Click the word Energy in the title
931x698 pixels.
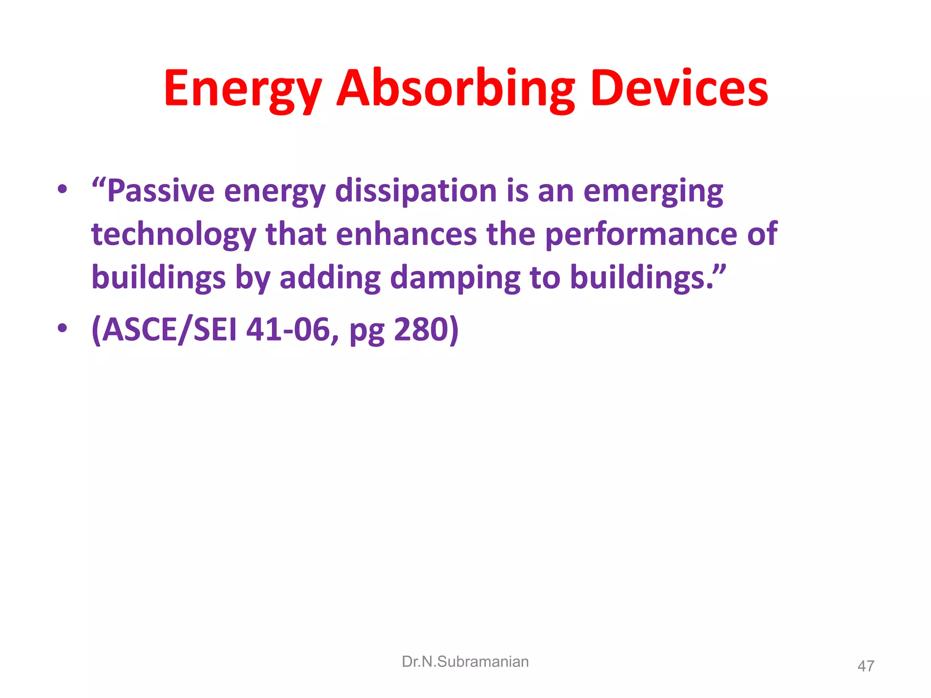(243, 90)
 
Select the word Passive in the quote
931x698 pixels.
(160, 191)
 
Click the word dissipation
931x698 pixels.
(415, 191)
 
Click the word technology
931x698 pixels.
(174, 235)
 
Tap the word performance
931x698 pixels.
(640, 235)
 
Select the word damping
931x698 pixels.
(455, 278)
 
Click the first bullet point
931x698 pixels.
(62, 189)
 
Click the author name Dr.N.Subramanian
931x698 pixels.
(465, 662)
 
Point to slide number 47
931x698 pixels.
(866, 666)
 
